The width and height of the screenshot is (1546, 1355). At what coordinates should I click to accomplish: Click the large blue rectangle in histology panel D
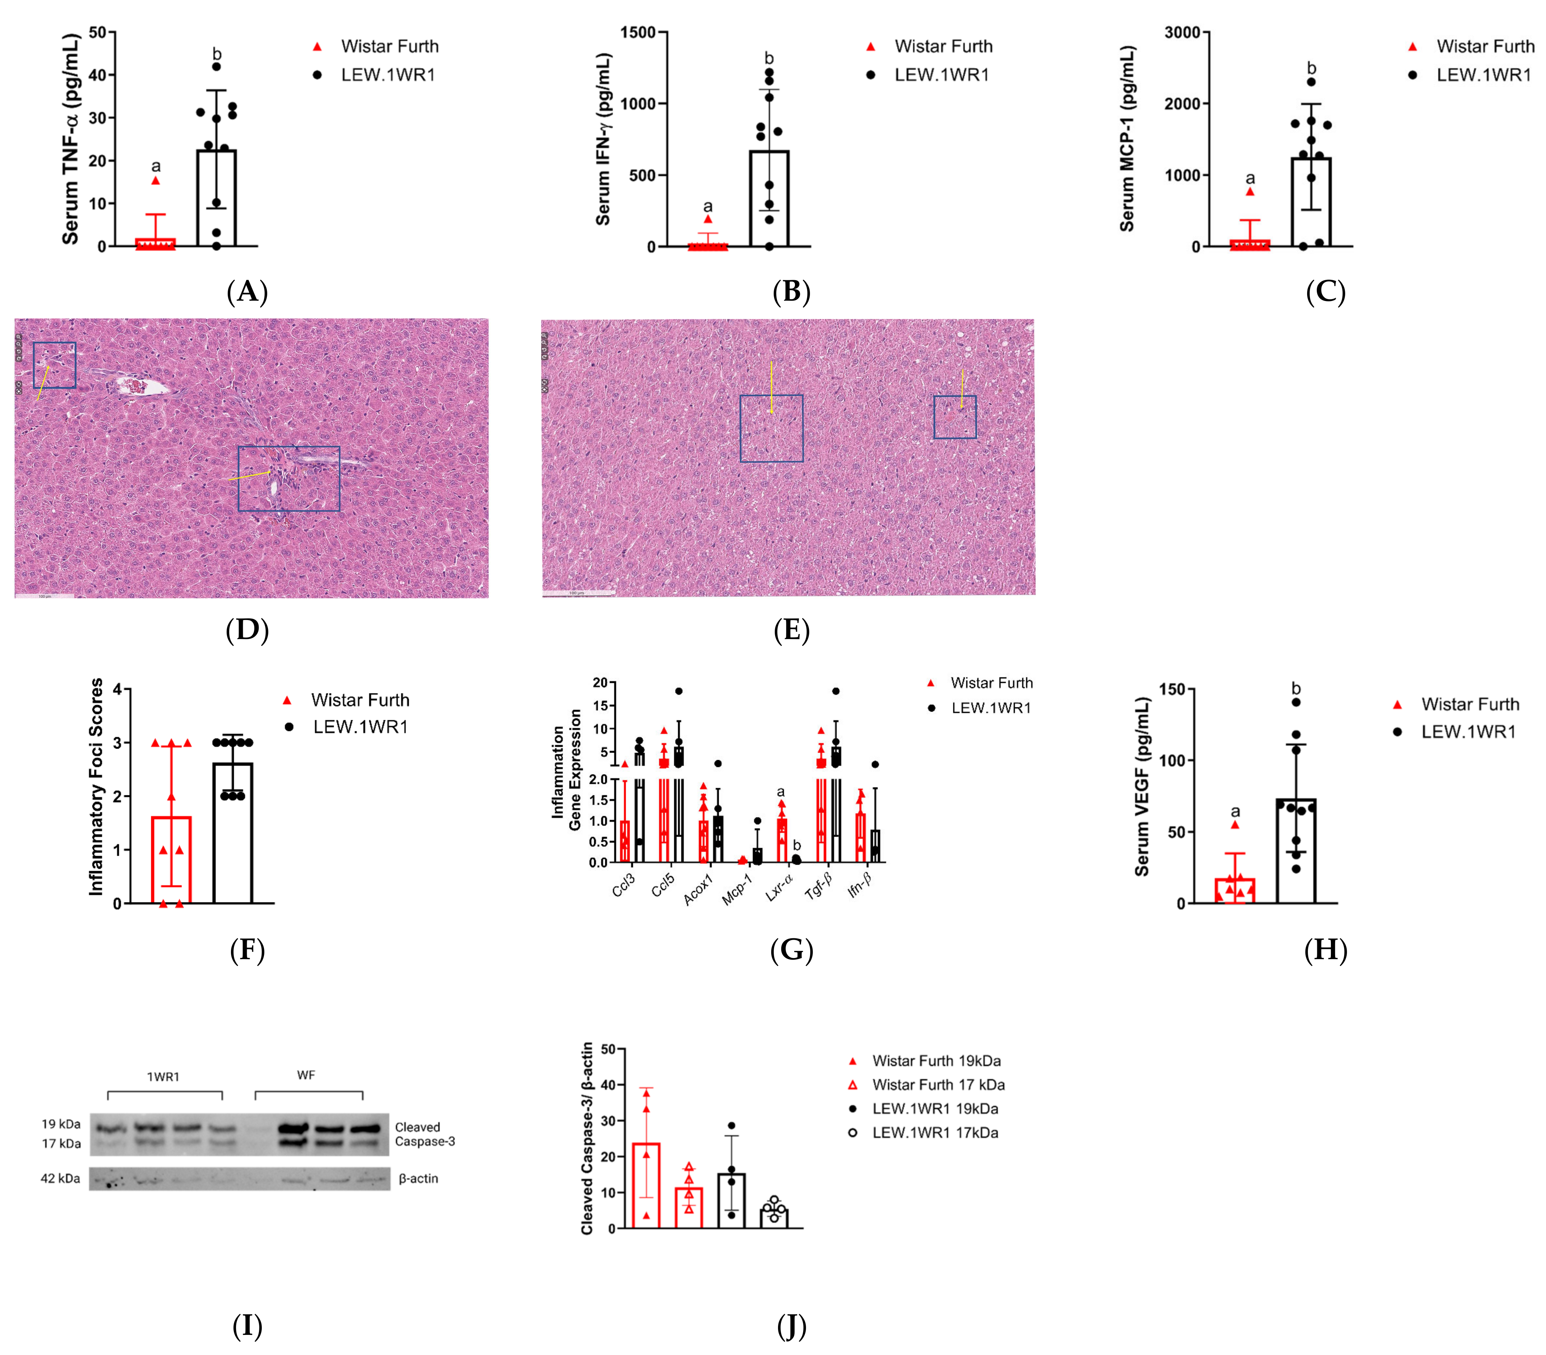click(x=289, y=478)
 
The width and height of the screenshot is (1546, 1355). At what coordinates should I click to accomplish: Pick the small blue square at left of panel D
click(x=55, y=365)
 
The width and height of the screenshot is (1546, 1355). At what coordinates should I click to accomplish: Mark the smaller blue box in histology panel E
click(x=955, y=417)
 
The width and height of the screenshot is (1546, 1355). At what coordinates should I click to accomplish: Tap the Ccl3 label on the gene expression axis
click(x=624, y=885)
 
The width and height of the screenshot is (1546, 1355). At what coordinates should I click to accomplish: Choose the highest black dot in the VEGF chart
click(x=1296, y=702)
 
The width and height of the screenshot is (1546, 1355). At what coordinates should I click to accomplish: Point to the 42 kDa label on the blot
click(x=60, y=1178)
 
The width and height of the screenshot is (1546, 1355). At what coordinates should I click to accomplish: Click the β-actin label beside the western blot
click(x=418, y=1178)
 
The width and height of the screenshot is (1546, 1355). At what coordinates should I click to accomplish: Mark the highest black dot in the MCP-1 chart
click(x=1311, y=82)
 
